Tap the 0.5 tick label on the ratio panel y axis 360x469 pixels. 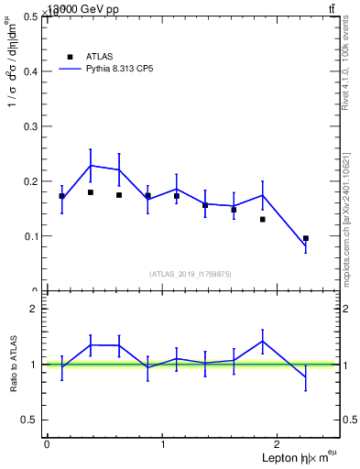[x=30, y=420]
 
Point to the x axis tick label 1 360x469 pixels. [x=163, y=444]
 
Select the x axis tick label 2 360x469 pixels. [x=279, y=444]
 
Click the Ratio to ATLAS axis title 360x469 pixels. [x=14, y=365]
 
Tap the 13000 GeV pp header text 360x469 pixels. [x=83, y=9]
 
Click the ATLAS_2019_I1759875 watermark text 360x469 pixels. [x=191, y=274]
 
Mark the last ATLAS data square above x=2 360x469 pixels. [x=306, y=238]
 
